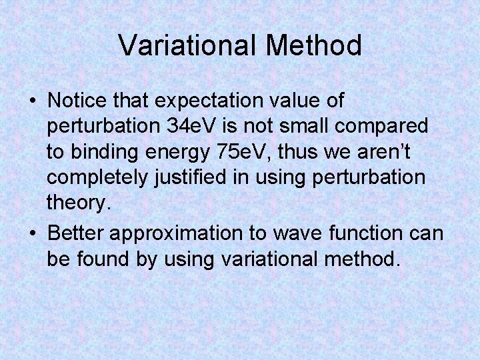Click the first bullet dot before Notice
(33, 102)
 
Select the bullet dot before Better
(33, 234)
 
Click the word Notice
(76, 101)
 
